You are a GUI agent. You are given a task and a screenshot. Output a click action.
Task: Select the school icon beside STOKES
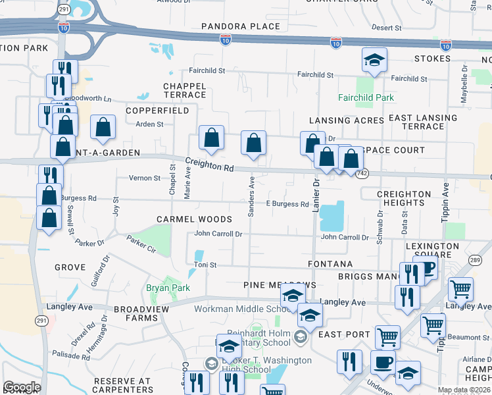tap(374, 61)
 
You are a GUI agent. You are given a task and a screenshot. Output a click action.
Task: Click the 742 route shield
tap(361, 173)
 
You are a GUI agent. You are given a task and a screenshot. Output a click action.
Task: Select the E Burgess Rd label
tap(287, 204)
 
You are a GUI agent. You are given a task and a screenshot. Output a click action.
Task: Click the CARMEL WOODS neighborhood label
tap(194, 219)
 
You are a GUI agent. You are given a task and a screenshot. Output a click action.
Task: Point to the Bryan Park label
tap(168, 288)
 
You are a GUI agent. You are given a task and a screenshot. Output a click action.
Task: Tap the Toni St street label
tap(204, 265)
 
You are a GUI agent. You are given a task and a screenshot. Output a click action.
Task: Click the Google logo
tap(22, 387)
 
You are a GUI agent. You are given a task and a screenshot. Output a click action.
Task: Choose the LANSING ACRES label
tap(347, 121)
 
